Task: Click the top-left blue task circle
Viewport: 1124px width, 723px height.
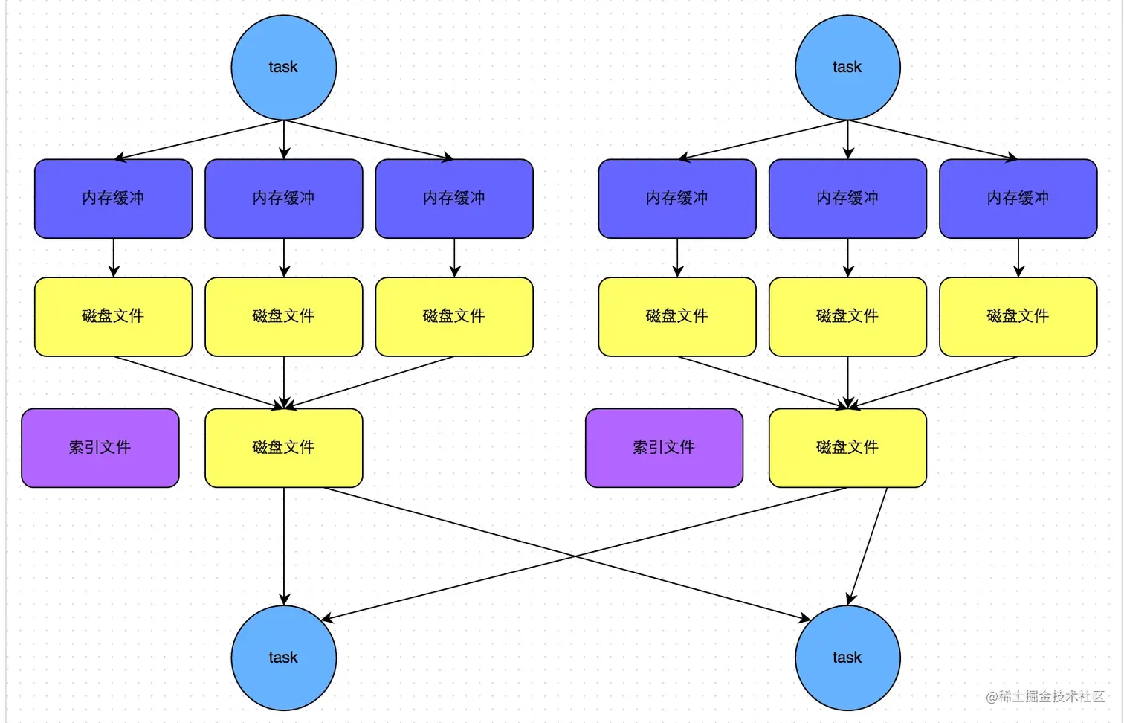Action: [x=283, y=68]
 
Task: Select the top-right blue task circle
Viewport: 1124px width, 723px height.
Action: [x=847, y=68]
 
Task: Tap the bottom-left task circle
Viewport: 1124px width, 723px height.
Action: [x=283, y=658]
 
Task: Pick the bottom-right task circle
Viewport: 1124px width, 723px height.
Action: [x=847, y=658]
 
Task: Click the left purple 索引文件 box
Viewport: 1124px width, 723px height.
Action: [x=100, y=448]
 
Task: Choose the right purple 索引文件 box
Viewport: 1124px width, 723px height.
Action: [x=664, y=448]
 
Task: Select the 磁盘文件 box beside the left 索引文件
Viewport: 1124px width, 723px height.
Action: [x=283, y=448]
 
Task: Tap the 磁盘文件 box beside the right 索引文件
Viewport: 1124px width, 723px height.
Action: [x=847, y=448]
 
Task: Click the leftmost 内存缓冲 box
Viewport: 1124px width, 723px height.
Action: [x=113, y=199]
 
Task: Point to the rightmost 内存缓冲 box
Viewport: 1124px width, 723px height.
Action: [x=1018, y=199]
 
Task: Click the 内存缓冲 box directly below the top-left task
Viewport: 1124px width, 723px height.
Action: [x=283, y=199]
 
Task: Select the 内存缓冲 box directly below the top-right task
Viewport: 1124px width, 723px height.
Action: [x=847, y=199]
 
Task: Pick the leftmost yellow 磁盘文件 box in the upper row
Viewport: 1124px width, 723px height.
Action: [x=113, y=317]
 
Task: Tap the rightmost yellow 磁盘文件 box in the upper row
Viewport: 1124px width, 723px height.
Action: [x=1018, y=317]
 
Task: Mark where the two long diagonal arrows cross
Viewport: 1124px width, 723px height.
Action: [x=575, y=555]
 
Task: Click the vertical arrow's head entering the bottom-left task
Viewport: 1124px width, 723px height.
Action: [x=284, y=600]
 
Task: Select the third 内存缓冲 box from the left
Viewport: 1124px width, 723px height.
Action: [x=454, y=199]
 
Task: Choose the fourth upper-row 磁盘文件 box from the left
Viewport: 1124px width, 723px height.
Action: [x=677, y=317]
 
